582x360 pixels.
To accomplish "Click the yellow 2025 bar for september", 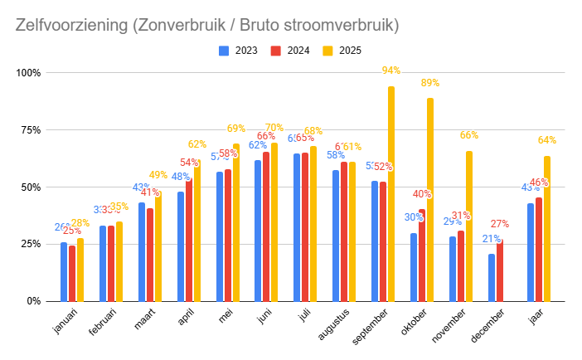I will point(391,193).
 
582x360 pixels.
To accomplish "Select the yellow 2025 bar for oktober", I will point(430,199).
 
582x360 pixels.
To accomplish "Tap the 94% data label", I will point(391,71).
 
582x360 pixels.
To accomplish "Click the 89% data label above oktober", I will point(430,83).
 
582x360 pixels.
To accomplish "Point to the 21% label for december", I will point(491,239).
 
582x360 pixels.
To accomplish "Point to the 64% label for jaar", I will point(547,140).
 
